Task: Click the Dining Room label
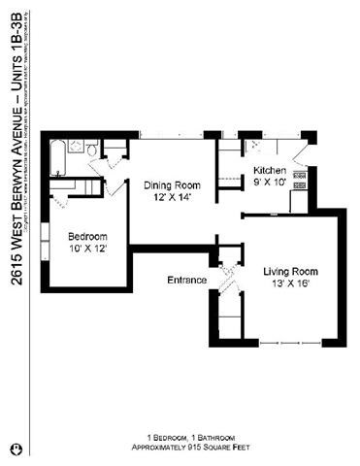point(171,185)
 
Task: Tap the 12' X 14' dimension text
point(171,197)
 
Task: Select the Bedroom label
point(86,236)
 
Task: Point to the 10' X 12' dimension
point(86,249)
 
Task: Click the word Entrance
point(186,281)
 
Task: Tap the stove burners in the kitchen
point(300,179)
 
